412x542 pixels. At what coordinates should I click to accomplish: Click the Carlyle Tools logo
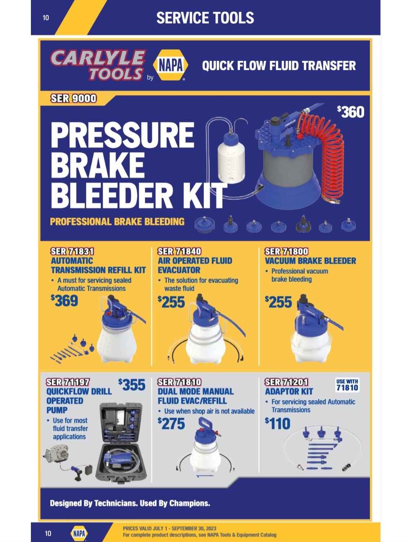pos(98,65)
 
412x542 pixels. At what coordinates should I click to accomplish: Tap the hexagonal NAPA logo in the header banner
pos(171,65)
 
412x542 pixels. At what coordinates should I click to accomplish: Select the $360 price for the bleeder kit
pos(351,112)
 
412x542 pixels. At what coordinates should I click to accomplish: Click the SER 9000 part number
pos(73,98)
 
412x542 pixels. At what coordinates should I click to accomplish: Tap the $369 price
pos(64,300)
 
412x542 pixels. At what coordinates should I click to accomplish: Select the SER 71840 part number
pos(179,251)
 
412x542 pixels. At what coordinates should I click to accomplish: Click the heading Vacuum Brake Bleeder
pos(311,261)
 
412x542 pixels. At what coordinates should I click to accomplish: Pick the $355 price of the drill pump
pos(132,385)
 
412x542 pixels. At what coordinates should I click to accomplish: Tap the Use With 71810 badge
pos(347,385)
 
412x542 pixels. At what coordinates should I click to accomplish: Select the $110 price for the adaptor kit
pos(278,423)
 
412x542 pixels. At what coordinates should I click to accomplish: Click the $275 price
pos(171,423)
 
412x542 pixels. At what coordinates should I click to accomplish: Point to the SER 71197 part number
pos(68,382)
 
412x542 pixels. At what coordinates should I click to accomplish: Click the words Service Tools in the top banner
pos(205,18)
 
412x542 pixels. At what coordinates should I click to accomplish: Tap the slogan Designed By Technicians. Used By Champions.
pos(130,503)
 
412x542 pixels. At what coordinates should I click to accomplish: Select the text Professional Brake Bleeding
pos(117,221)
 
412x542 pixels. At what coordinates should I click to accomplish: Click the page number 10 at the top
pos(46,18)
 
